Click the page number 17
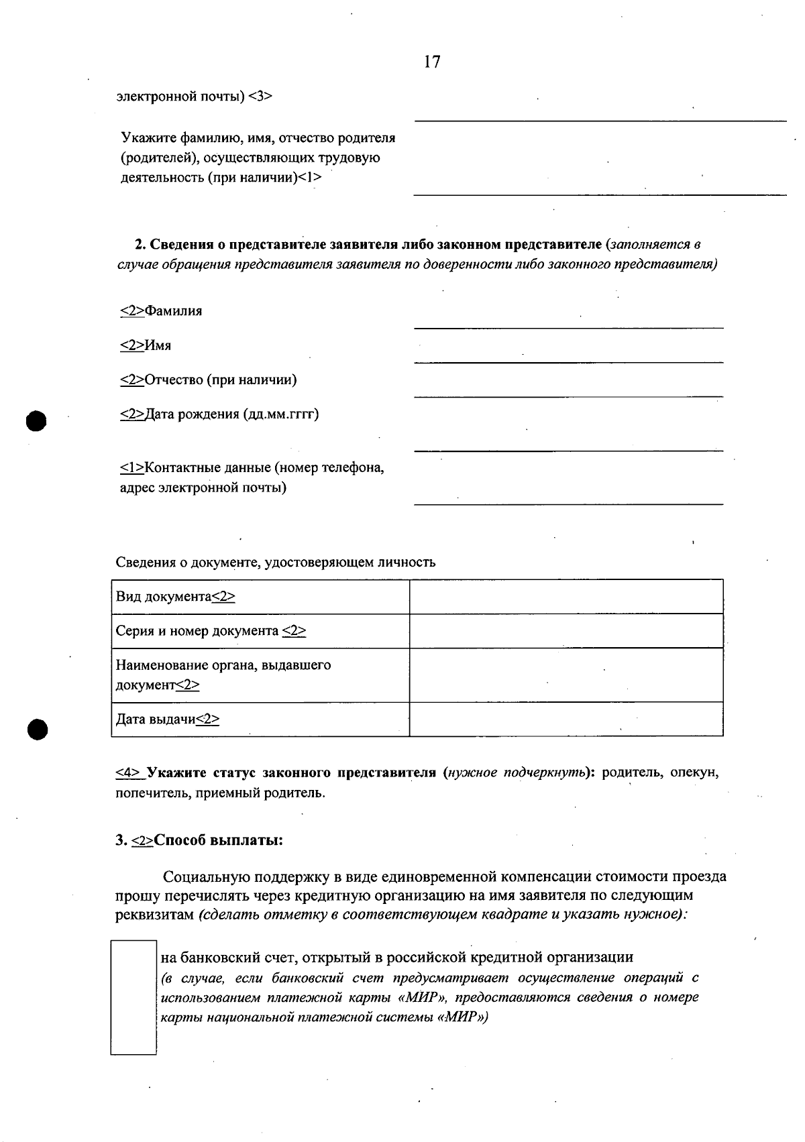(432, 62)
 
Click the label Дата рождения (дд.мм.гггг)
(219, 414)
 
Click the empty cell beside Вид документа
(566, 597)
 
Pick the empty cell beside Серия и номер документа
(566, 631)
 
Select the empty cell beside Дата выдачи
(566, 720)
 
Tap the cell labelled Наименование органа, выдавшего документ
(260, 675)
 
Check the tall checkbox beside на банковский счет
(133, 997)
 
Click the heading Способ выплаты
(218, 840)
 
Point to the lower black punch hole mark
(38, 729)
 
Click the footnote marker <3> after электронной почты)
(260, 96)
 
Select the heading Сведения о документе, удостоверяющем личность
(275, 562)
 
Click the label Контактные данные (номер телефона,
(252, 467)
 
